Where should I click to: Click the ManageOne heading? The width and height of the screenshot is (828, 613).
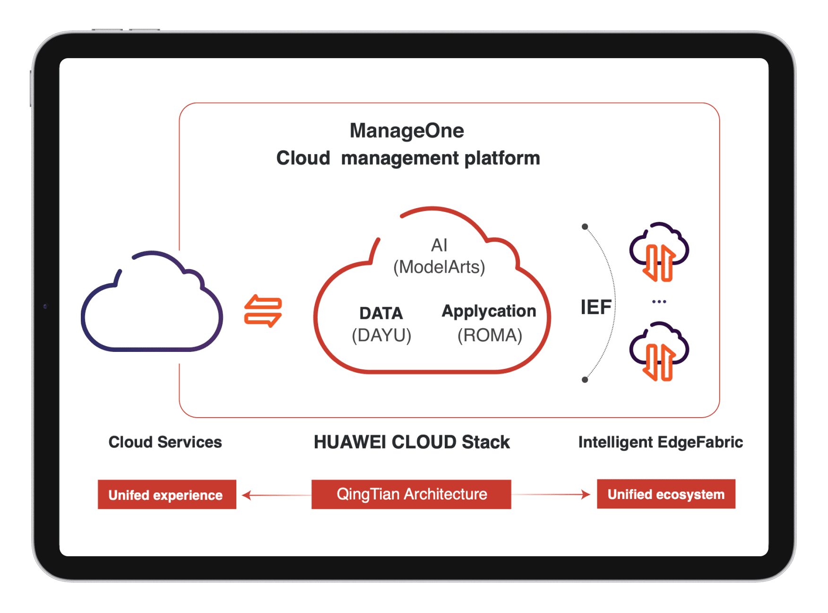click(406, 131)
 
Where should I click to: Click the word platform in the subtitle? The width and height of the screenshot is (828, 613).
click(502, 158)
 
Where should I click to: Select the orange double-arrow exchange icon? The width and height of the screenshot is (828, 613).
click(263, 311)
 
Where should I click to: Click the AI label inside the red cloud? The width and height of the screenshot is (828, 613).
click(439, 245)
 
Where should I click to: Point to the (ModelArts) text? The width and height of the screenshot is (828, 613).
click(439, 267)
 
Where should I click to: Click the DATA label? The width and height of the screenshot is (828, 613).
click(381, 313)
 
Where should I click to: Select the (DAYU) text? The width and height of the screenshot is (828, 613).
click(381, 335)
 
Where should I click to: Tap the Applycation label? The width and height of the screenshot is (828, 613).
click(489, 311)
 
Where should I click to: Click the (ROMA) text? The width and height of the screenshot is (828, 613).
click(490, 335)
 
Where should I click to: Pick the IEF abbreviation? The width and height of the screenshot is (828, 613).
click(596, 307)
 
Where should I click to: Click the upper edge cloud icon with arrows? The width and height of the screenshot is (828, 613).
click(659, 252)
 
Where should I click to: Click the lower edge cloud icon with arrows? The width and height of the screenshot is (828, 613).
click(659, 351)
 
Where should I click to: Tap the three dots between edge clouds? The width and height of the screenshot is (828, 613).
click(659, 302)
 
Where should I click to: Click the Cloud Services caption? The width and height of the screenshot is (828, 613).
click(165, 442)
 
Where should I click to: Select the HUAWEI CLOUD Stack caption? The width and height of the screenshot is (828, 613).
click(412, 442)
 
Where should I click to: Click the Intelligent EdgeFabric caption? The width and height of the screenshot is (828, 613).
click(660, 442)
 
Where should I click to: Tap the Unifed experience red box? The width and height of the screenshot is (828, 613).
click(167, 495)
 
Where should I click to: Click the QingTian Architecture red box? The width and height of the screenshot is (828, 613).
click(411, 494)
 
